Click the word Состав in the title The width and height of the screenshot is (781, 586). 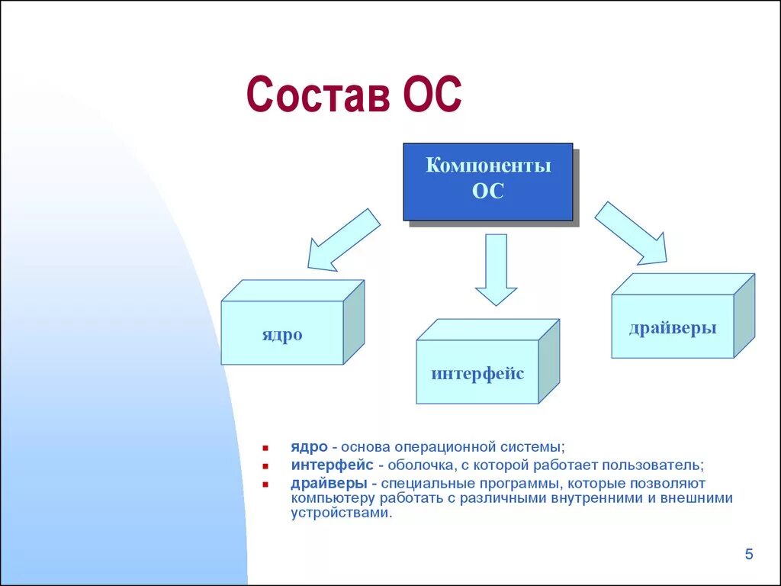click(319, 94)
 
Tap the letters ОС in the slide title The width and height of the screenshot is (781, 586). click(432, 94)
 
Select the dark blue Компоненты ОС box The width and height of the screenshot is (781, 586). click(487, 182)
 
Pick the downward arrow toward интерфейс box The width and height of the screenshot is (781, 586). click(496, 269)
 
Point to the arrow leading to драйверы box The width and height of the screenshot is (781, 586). click(631, 233)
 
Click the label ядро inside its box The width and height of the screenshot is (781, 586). click(282, 334)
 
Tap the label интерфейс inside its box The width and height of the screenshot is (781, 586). click(477, 373)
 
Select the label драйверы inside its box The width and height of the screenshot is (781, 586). click(673, 328)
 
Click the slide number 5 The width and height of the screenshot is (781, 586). click(749, 554)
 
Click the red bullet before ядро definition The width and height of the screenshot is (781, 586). click(265, 449)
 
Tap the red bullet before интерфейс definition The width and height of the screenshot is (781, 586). click(265, 466)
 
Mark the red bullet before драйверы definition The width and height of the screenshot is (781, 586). click(265, 484)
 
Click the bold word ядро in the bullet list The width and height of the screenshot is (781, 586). click(310, 447)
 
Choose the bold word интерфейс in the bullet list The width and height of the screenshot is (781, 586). click(333, 465)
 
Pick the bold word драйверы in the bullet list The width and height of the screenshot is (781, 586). click(329, 483)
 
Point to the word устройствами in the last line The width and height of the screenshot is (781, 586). click(341, 513)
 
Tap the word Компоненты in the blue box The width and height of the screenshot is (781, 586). click(488, 165)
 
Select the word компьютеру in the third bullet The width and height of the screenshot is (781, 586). click(333, 498)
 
